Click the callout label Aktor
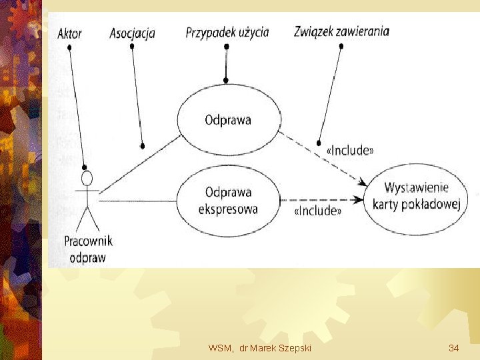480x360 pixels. click(70, 33)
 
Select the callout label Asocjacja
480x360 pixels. click(132, 33)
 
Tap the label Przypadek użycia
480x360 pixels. click(227, 32)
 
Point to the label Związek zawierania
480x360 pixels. click(341, 31)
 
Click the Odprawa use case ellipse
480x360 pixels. click(227, 121)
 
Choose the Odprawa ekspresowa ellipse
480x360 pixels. click(227, 201)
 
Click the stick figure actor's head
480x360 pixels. click(87, 179)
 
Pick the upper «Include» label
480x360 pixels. click(349, 151)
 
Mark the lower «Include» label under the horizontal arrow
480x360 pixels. click(317, 211)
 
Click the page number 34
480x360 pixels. click(453, 348)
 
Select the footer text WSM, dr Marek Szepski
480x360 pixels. click(259, 348)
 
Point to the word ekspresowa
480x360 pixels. click(228, 209)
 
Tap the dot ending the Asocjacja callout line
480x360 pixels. click(142, 146)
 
